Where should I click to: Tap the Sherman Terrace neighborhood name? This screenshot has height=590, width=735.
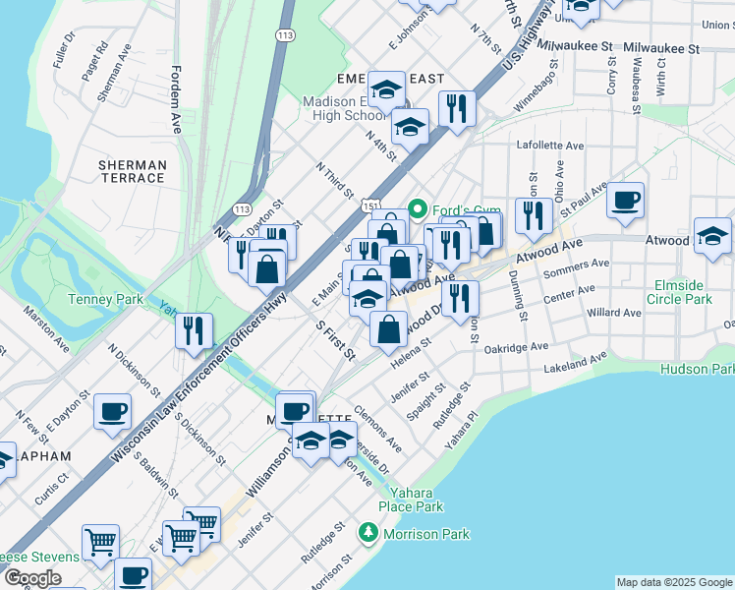pos(132,170)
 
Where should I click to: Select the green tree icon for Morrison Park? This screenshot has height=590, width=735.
pos(368,533)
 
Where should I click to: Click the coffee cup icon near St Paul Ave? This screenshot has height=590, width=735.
pos(626,201)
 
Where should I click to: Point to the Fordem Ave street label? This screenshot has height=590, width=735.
pos(176,99)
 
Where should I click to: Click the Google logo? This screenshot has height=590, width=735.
pos(32,577)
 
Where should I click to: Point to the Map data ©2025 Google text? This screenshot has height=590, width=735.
pos(673,582)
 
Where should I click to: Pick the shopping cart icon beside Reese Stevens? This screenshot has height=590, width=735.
pos(101,542)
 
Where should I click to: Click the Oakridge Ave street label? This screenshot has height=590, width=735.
pos(524,347)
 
